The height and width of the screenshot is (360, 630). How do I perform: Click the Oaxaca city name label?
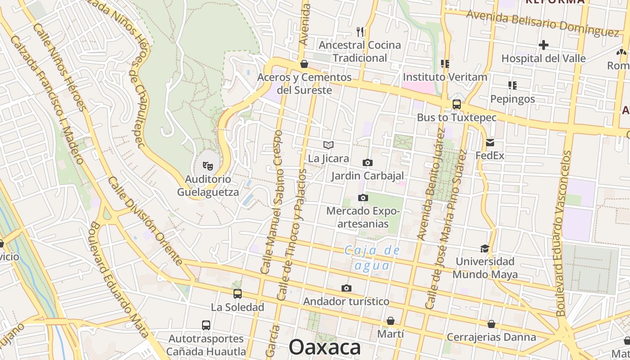(x=324, y=347)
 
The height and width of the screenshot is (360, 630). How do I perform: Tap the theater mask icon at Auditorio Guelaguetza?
(x=207, y=166)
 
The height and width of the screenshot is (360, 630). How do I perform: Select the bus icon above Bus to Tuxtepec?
(x=456, y=104)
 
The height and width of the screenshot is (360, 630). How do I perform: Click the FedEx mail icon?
(x=490, y=143)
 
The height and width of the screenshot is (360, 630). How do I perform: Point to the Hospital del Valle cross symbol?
(x=544, y=45)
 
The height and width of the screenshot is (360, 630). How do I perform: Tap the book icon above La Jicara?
(x=328, y=145)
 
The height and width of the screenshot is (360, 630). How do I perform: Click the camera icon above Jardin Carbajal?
(x=367, y=162)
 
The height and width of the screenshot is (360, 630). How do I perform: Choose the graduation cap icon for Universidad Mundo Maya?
(x=485, y=248)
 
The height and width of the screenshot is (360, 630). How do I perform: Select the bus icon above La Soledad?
(x=237, y=294)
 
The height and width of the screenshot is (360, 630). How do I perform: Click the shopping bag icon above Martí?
(x=390, y=321)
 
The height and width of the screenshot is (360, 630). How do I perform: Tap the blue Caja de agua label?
(x=372, y=258)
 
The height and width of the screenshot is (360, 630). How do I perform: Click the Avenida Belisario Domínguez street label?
(x=543, y=23)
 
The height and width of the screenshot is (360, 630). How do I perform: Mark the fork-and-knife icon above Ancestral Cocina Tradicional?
(x=360, y=31)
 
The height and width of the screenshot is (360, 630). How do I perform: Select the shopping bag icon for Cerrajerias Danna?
(x=491, y=324)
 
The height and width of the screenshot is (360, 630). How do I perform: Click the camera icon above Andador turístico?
(x=346, y=288)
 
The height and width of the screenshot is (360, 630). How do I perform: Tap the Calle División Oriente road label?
(x=145, y=220)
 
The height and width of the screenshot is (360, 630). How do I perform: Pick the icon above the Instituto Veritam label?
(x=445, y=64)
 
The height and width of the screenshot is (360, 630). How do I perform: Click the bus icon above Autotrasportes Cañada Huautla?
(x=206, y=325)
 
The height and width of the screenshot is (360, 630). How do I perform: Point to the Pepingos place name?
(x=513, y=99)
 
